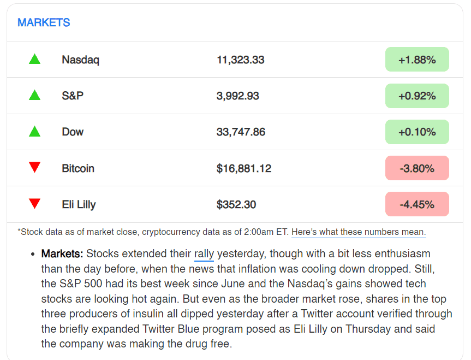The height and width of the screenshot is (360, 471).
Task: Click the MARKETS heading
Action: (44, 23)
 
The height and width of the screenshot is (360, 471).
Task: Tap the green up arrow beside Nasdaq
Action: (34, 59)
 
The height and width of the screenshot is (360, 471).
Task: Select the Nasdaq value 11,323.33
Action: (240, 60)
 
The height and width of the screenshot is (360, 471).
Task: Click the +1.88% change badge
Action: (417, 60)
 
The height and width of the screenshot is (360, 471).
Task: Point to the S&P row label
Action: (73, 96)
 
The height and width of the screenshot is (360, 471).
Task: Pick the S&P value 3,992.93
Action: (237, 96)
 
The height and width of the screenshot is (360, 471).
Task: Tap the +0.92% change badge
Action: (417, 96)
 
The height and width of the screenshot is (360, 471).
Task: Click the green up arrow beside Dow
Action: (34, 131)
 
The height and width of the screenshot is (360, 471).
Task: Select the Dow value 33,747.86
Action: (241, 132)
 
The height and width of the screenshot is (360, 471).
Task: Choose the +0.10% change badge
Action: (417, 132)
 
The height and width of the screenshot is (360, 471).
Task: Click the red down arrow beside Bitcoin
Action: (34, 168)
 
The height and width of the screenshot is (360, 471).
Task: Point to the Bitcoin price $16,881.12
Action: (243, 168)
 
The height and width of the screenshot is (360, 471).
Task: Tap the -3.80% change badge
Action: (417, 168)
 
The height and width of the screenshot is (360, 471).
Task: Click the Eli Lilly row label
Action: (79, 204)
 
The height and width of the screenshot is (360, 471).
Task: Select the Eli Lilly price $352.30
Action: (236, 204)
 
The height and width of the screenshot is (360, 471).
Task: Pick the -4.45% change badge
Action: (417, 204)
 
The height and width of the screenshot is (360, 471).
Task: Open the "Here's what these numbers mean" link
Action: (358, 232)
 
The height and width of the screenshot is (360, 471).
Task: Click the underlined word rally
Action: (204, 254)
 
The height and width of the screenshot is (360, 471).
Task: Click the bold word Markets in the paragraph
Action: (62, 254)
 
